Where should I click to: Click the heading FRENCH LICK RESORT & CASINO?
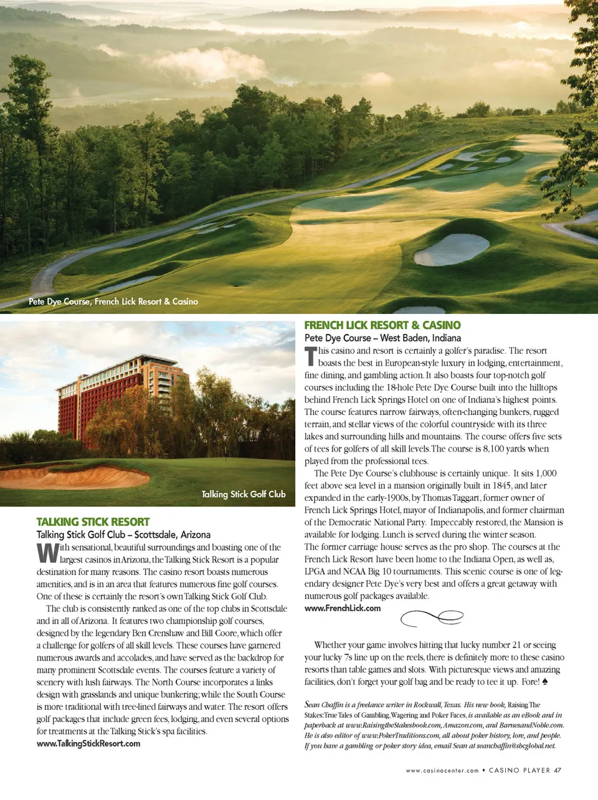pyautogui.click(x=382, y=325)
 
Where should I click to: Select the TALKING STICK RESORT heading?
pyautogui.click(x=93, y=522)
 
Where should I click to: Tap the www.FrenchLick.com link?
pyautogui.click(x=342, y=609)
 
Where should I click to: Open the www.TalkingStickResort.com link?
pyautogui.click(x=88, y=744)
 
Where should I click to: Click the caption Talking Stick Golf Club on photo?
pyautogui.click(x=243, y=495)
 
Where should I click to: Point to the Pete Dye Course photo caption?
pyautogui.click(x=113, y=302)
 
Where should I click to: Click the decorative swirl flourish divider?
pyautogui.click(x=431, y=617)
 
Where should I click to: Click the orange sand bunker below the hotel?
pyautogui.click(x=75, y=477)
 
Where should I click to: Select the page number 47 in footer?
pyautogui.click(x=558, y=771)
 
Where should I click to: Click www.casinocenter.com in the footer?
pyautogui.click(x=442, y=771)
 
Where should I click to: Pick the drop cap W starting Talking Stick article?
pyautogui.click(x=47, y=553)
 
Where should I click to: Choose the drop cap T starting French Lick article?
pyautogui.click(x=310, y=357)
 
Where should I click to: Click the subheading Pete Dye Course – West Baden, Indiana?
pyautogui.click(x=382, y=338)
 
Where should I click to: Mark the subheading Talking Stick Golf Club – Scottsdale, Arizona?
pyautogui.click(x=123, y=535)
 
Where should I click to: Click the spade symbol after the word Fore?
pyautogui.click(x=545, y=682)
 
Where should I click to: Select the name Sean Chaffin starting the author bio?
pyautogui.click(x=323, y=705)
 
